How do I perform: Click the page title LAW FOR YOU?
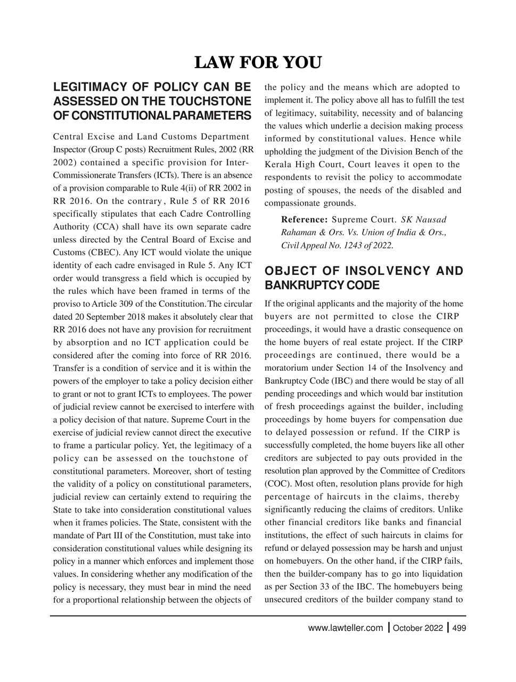[x=258, y=63]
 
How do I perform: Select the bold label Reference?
[x=304, y=220]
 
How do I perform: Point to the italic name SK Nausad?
[x=424, y=220]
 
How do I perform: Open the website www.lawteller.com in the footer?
[x=346, y=628]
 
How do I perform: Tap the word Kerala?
[x=279, y=164]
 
